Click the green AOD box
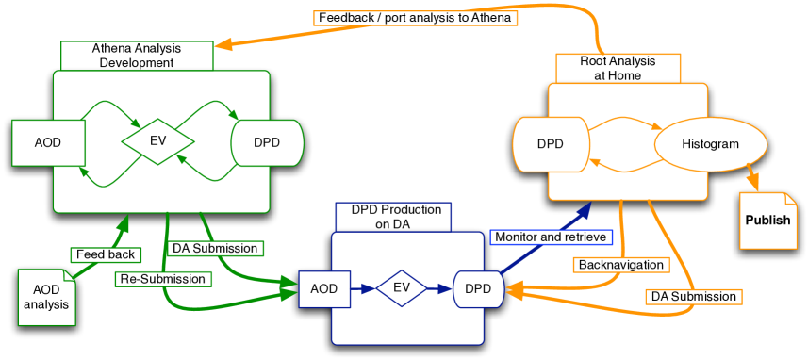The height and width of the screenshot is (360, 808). click(48, 143)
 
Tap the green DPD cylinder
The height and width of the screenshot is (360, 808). click(268, 143)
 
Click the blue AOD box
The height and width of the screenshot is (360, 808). click(324, 288)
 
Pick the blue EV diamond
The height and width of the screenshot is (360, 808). click(402, 288)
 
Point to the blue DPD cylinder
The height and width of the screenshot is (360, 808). click(479, 288)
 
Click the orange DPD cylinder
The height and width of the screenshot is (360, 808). click(551, 144)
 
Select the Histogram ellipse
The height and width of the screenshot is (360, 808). click(711, 144)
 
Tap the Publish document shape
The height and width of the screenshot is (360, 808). click(767, 221)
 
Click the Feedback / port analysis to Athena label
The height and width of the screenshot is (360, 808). click(415, 18)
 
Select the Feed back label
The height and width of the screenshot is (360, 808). click(107, 254)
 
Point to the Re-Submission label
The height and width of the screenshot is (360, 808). click(162, 279)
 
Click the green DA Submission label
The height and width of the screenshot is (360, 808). click(214, 248)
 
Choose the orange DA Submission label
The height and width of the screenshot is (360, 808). click(694, 296)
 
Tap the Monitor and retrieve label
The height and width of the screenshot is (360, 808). click(551, 237)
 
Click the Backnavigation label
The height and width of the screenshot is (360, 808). click(620, 265)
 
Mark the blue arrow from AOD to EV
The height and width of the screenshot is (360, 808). click(363, 288)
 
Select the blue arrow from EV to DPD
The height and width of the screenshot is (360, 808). click(440, 288)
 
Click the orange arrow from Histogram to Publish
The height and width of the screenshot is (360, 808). click(754, 177)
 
